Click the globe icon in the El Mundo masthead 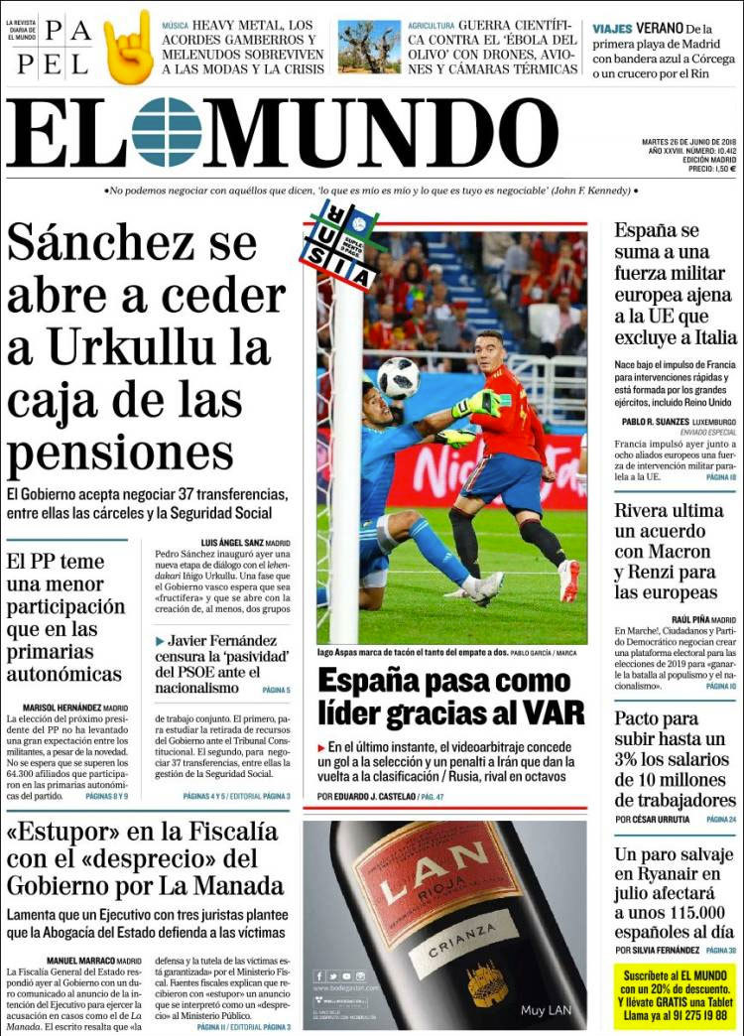(x=166, y=132)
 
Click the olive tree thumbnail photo (x=369, y=47)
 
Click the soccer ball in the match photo (x=398, y=378)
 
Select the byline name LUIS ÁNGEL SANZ (x=233, y=543)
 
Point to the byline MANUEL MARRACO (x=81, y=961)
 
